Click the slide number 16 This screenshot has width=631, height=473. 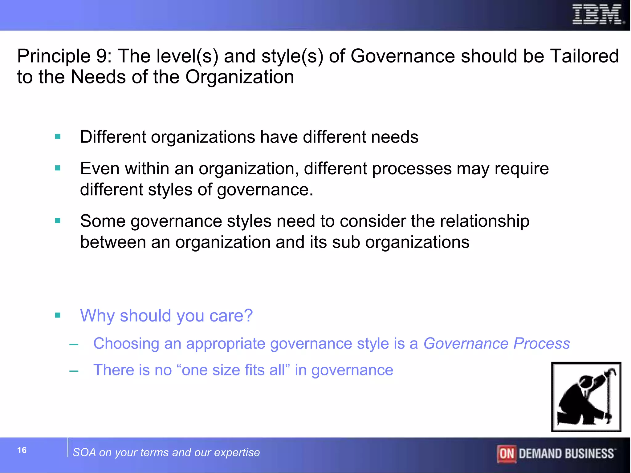(22, 450)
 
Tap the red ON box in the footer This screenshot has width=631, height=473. (506, 454)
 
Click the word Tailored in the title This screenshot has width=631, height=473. (584, 56)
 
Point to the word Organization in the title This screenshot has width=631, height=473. (239, 77)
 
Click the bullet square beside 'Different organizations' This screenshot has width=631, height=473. (58, 136)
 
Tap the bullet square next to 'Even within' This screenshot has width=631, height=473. (58, 168)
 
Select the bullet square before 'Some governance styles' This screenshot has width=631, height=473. (58, 220)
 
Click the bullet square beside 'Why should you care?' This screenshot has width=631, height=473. (58, 315)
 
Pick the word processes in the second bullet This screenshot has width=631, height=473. (412, 169)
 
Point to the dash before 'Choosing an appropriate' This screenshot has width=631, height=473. (74, 344)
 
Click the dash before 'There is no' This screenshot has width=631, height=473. (74, 371)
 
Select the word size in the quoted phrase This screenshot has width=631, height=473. (226, 370)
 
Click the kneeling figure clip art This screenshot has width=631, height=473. (586, 397)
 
